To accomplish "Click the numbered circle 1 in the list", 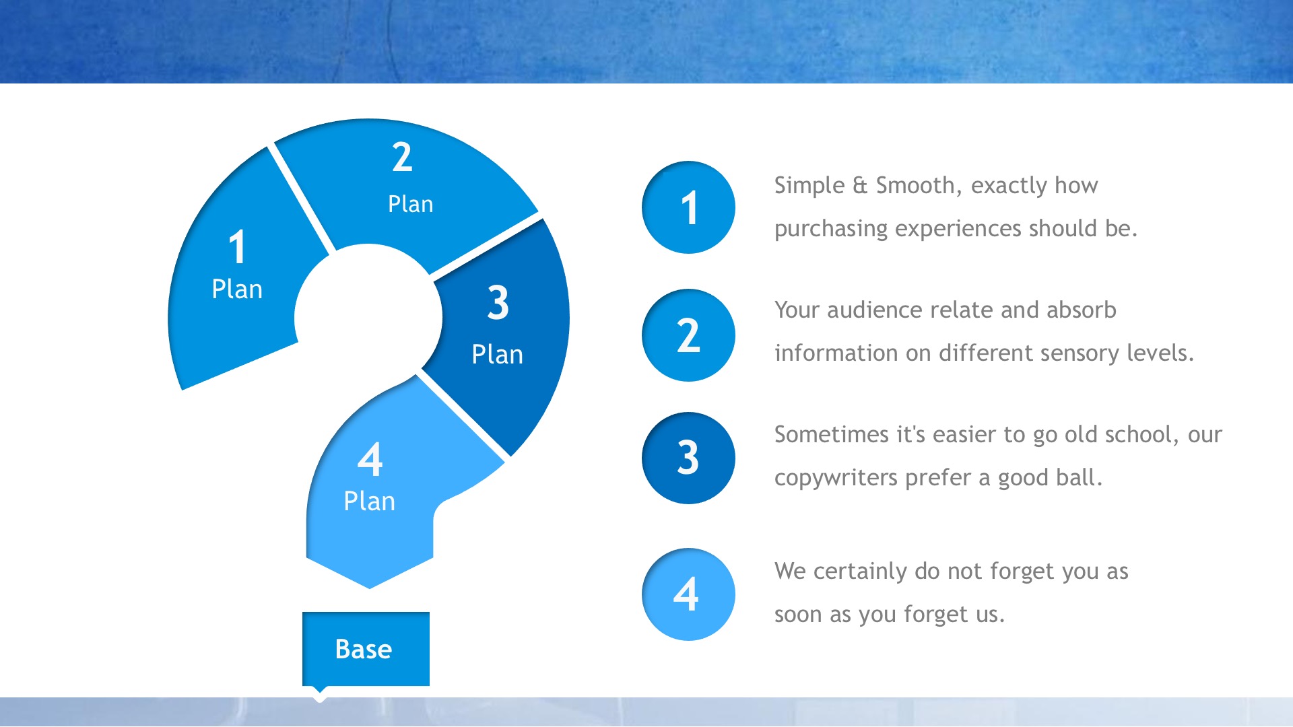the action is tap(688, 207).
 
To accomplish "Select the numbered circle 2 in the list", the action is tap(688, 335).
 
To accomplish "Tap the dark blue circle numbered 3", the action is tap(688, 458).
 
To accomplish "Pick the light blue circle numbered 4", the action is tap(688, 594).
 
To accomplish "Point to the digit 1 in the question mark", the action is tap(237, 247).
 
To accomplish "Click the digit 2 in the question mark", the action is tap(402, 158).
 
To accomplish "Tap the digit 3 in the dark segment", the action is tap(498, 302).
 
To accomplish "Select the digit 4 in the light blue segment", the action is tap(370, 460).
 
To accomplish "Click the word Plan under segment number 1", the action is tap(237, 289).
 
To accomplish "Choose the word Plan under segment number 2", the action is tap(411, 204).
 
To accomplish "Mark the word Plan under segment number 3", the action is tap(497, 354).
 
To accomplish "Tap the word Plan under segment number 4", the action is tap(369, 501).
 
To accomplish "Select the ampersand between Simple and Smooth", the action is tap(860, 186).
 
